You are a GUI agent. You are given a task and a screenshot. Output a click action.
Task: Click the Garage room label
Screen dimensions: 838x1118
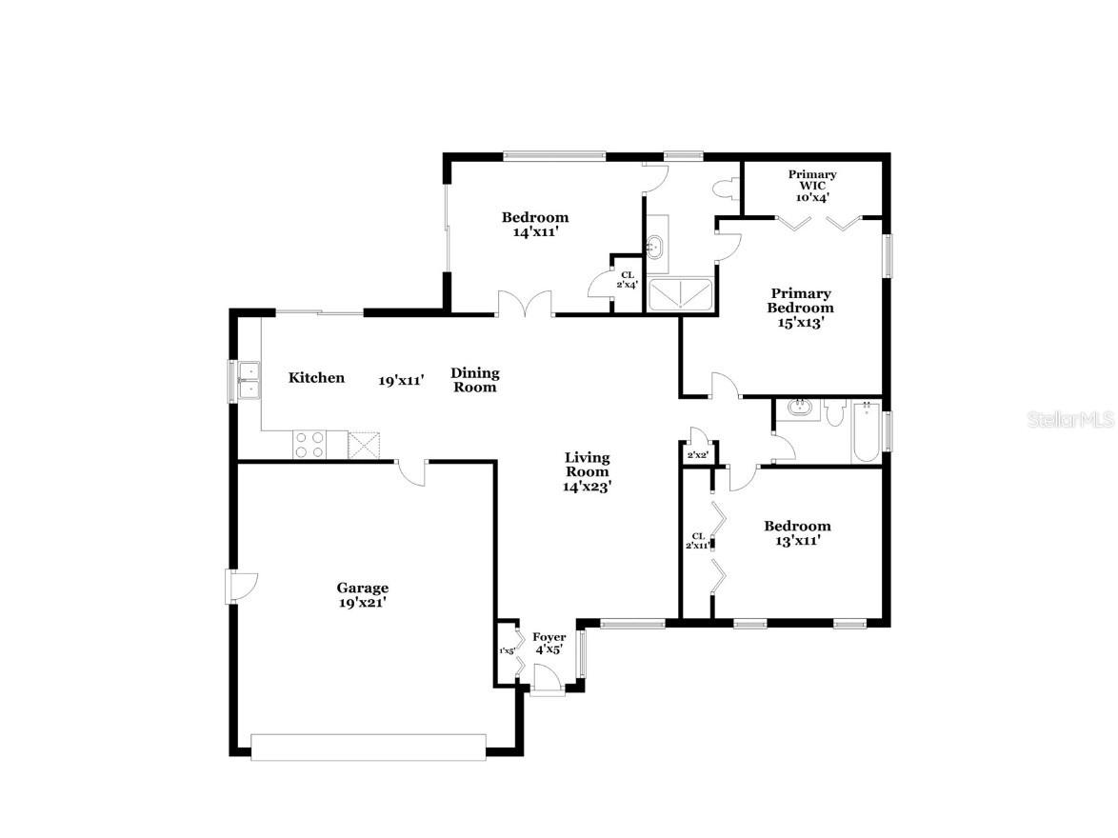point(362,589)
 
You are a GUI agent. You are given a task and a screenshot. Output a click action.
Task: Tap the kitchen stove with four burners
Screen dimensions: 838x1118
point(309,445)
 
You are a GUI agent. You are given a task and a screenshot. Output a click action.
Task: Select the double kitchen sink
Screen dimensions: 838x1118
point(248,379)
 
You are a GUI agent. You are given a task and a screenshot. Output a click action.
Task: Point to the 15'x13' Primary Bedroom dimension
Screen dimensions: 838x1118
point(801,323)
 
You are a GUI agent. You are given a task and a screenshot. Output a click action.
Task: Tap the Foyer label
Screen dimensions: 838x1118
point(549,637)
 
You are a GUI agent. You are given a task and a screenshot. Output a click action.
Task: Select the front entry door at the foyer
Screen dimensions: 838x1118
point(547,680)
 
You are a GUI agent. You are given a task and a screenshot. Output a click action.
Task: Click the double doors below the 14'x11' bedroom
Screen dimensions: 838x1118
point(525,303)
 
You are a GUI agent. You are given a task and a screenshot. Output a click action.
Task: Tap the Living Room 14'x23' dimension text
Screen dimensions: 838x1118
point(587,486)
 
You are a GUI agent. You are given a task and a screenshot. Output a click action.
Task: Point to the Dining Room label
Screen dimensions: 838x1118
point(475,380)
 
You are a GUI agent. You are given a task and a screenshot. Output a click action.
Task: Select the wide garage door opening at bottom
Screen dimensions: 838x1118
point(369,747)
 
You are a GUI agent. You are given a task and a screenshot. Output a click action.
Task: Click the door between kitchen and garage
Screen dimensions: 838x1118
point(411,470)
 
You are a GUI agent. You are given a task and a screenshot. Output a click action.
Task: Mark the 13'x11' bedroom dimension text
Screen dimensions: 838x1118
point(797,540)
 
